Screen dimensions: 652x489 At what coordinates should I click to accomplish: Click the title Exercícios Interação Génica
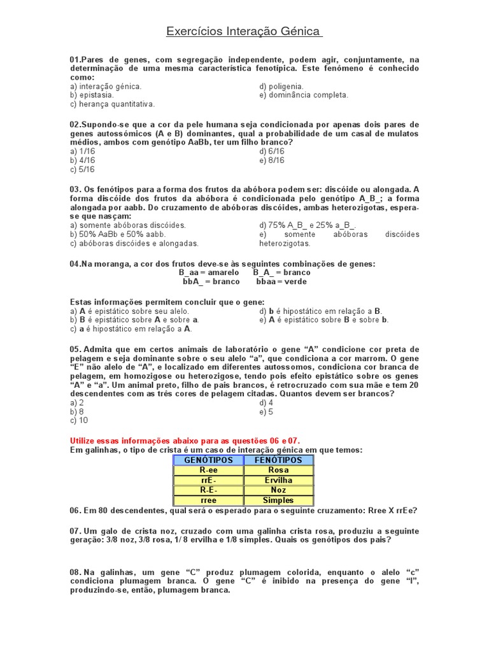244,31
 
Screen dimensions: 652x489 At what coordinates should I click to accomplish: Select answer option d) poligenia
281,86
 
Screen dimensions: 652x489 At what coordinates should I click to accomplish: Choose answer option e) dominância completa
304,95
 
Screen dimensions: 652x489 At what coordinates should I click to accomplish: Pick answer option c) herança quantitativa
112,104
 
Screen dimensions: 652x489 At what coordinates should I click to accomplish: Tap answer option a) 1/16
82,152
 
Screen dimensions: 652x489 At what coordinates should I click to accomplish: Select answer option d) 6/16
272,152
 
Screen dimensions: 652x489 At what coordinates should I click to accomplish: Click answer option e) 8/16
272,160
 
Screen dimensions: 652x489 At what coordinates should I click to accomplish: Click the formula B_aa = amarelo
209,273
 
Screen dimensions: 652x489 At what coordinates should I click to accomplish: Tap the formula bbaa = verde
281,281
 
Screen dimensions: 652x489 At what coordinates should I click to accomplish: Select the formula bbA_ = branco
211,281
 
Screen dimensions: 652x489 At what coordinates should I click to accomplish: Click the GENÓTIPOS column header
208,460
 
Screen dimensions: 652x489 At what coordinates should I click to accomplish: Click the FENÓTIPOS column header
278,460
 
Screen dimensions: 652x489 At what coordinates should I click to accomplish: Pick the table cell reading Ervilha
278,480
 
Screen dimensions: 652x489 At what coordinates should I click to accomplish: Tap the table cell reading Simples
278,500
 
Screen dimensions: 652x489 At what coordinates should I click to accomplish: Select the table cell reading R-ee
208,470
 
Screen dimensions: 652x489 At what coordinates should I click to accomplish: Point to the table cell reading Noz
278,490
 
